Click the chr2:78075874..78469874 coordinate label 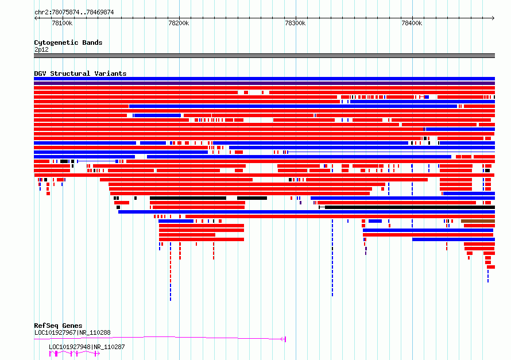tap(74, 13)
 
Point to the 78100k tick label tap(62, 23)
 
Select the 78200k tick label tap(179, 23)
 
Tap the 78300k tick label tap(295, 23)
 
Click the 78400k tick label tap(412, 23)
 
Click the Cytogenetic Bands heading tap(68, 42)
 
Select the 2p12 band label tap(41, 49)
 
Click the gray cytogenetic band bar tap(264, 56)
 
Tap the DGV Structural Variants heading tap(80, 73)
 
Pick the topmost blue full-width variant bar tap(264, 79)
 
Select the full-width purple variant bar tap(264, 83)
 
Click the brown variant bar tap(478, 221)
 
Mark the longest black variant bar tap(410, 207)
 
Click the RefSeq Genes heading tap(58, 326)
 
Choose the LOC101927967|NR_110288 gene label tap(72, 332)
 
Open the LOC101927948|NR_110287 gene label tap(87, 347)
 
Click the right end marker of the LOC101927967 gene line tap(285, 339)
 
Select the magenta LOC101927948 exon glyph tap(74, 354)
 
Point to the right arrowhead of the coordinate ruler tap(493, 18)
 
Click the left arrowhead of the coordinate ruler tap(36, 18)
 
